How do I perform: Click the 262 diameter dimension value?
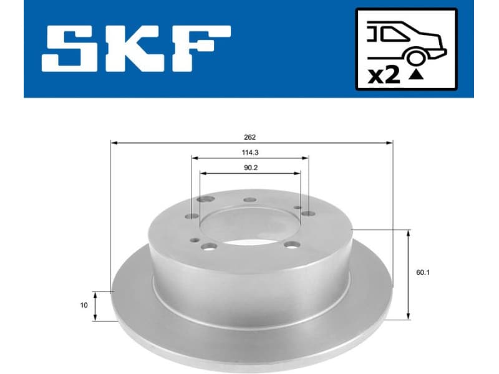tap(251, 137)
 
